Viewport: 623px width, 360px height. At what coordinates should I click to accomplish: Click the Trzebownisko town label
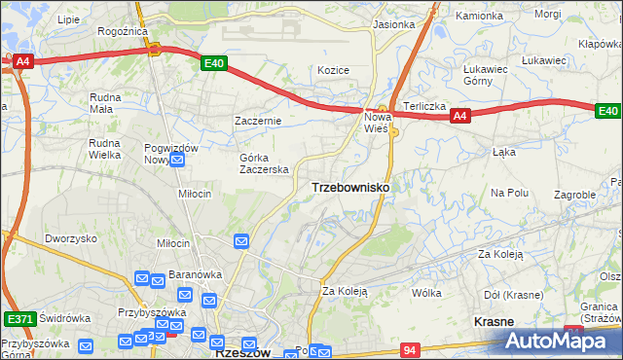[350, 187]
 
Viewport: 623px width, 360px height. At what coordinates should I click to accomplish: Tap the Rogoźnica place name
[122, 31]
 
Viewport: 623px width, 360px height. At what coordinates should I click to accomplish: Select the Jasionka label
[393, 24]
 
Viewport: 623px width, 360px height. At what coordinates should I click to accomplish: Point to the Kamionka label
[480, 17]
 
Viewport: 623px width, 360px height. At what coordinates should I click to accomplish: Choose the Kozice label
[333, 70]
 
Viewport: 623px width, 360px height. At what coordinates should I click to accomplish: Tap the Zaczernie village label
[258, 121]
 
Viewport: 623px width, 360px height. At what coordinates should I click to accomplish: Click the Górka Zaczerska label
[265, 163]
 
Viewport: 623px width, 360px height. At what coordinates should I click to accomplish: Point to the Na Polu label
[509, 193]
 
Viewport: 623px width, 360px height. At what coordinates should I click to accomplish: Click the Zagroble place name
[574, 195]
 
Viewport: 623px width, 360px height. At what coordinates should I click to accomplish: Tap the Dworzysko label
[71, 238]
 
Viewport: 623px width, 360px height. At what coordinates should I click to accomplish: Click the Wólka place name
[426, 292]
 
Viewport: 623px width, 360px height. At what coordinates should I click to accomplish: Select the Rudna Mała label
[105, 103]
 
